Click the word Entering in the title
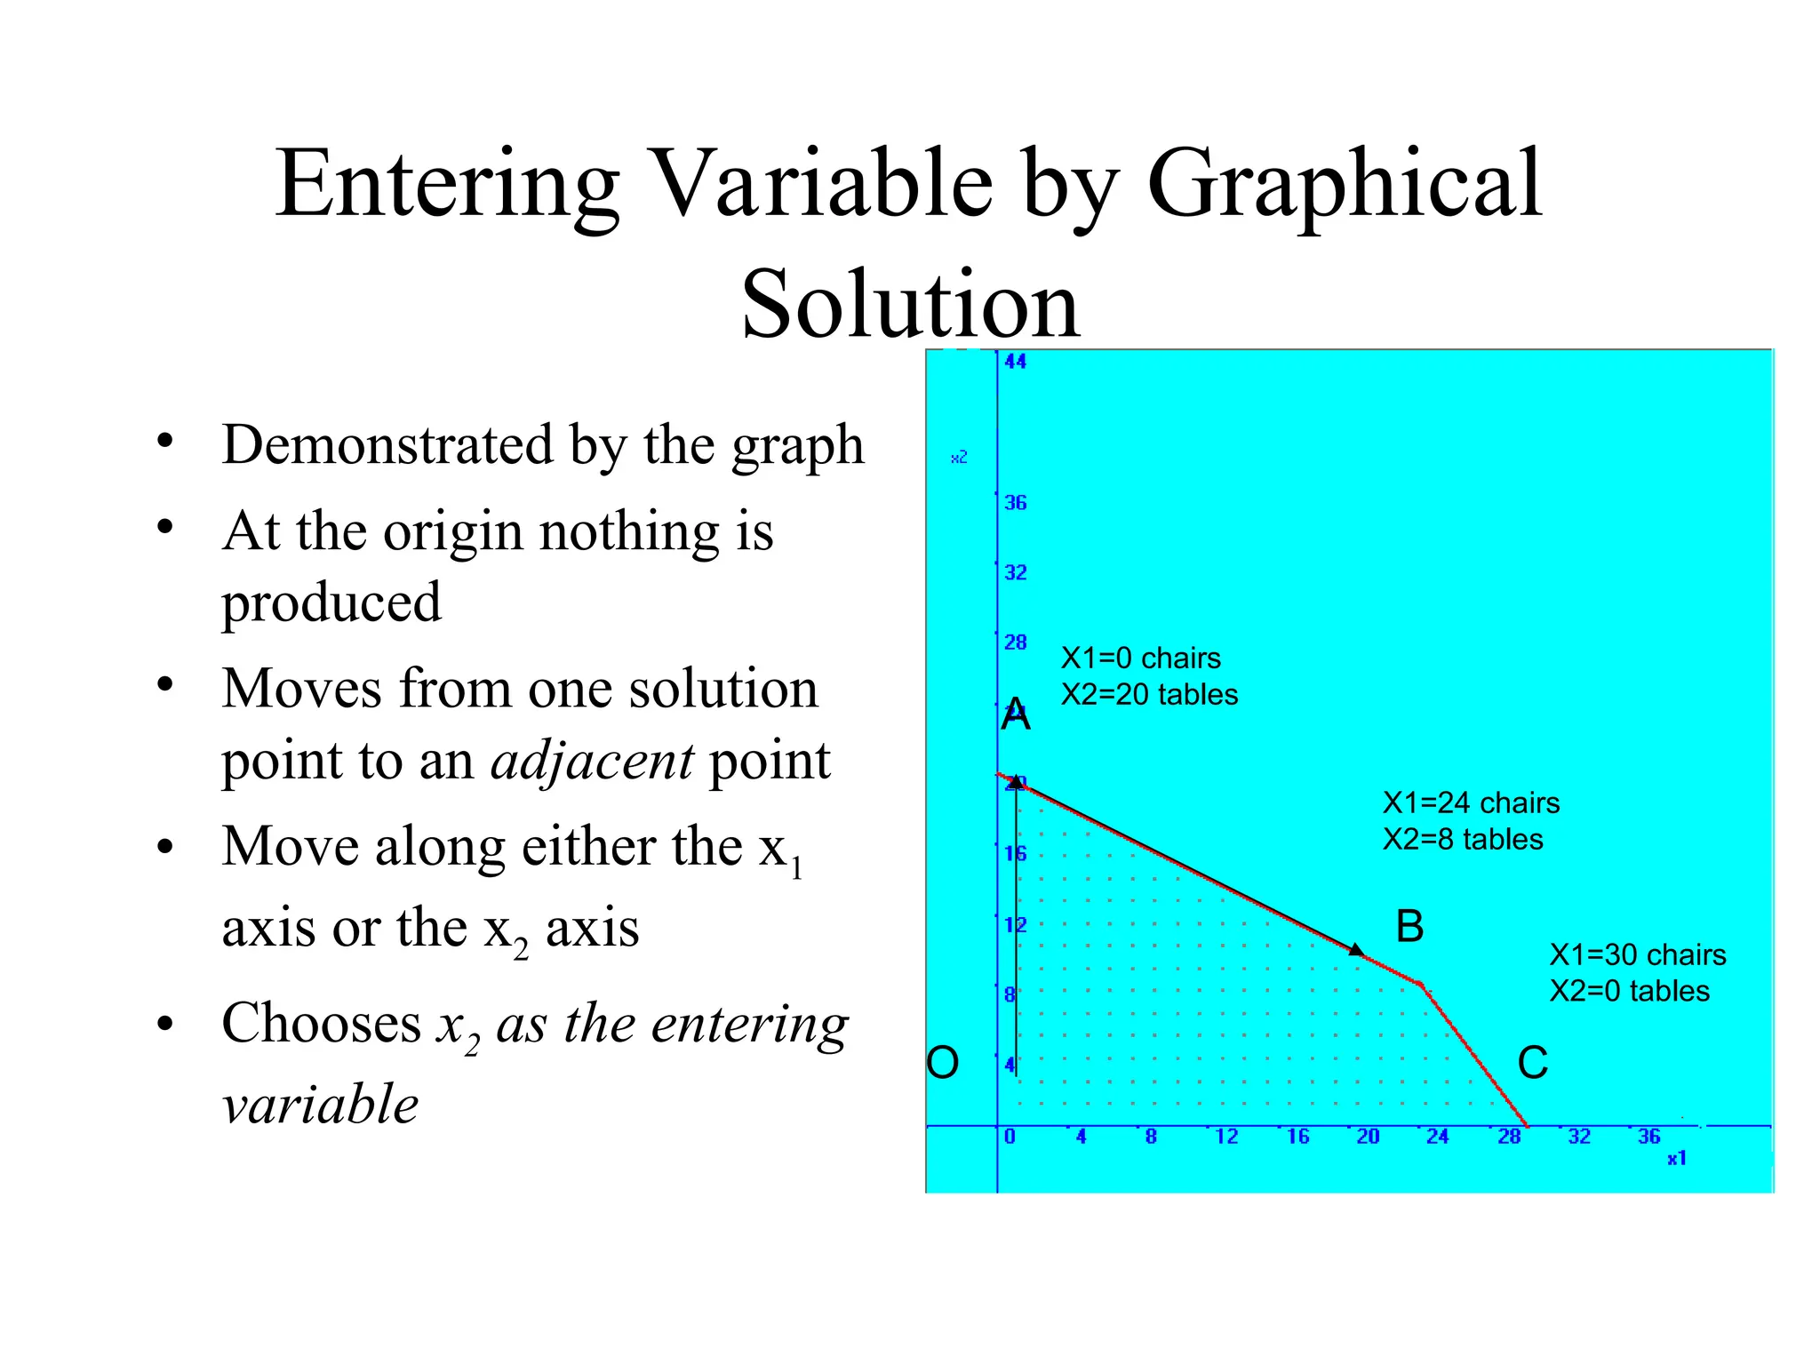447,184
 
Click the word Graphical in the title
1345,184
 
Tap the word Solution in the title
910,304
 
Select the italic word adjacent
592,761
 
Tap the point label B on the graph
1409,927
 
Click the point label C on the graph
1532,1063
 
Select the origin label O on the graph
943,1062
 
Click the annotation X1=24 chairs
1471,803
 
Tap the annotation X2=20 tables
1149,695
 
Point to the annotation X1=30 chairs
1637,955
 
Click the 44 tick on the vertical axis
1015,362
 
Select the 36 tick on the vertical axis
1015,503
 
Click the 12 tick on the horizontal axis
1226,1137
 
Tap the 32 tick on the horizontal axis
1578,1137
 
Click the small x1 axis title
1676,1159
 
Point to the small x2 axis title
959,458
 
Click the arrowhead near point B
1356,950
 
